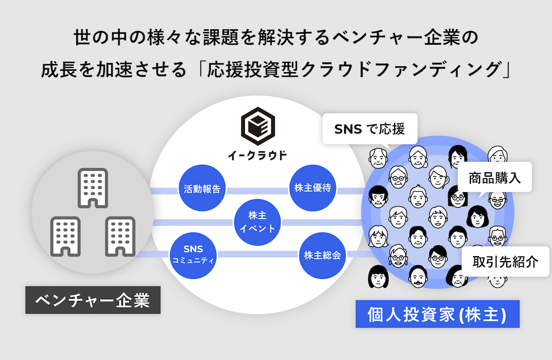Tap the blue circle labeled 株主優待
tap(312, 188)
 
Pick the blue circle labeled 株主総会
tap(322, 256)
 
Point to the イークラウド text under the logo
tap(258, 156)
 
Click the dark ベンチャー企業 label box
tap(93, 300)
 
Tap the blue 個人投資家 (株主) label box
tap(437, 314)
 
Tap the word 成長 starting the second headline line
tap(59, 71)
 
